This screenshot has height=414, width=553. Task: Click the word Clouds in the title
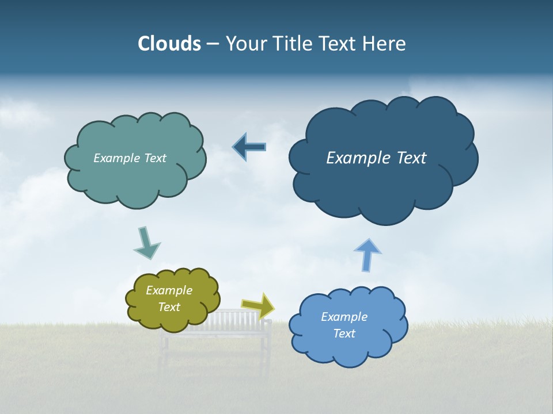(x=169, y=44)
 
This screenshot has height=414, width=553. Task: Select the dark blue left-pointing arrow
(x=249, y=147)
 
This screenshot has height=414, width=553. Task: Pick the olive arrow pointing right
(x=258, y=305)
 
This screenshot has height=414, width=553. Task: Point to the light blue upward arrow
(x=368, y=255)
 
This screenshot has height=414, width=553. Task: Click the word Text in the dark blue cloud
(x=408, y=158)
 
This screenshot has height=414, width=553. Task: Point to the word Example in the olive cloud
(x=169, y=290)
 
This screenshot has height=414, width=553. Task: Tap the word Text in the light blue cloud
(x=344, y=333)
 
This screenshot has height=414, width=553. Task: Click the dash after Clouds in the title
(x=212, y=44)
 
